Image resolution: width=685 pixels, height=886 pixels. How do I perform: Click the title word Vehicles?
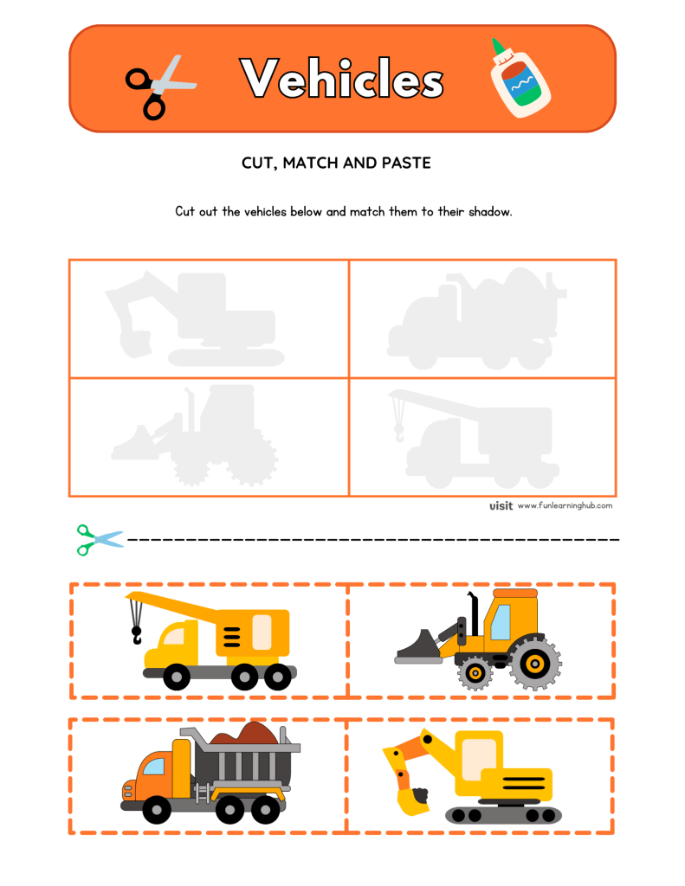342,80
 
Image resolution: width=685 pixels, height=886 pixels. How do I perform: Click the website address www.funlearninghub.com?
565,506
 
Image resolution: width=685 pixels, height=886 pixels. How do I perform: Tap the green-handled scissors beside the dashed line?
99,539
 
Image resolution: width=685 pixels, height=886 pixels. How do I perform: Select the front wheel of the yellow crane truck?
178,675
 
